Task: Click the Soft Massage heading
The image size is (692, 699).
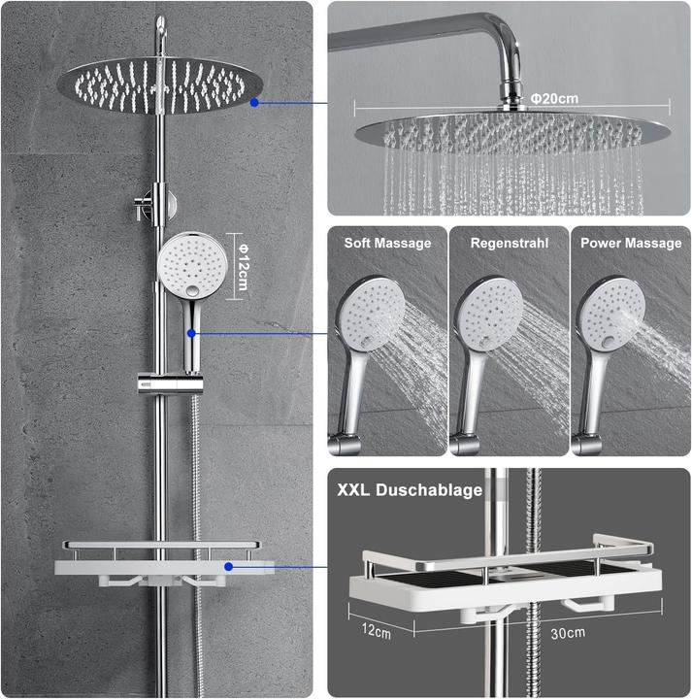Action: click(387, 243)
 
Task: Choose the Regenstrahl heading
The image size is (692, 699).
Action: click(509, 243)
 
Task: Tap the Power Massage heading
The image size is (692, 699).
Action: click(631, 243)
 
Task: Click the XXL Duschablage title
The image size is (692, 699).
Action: click(410, 490)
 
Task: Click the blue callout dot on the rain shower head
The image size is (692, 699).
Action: click(254, 100)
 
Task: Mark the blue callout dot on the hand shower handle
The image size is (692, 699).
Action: click(191, 333)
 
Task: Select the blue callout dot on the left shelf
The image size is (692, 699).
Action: click(229, 566)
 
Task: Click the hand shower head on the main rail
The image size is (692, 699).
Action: click(192, 264)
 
